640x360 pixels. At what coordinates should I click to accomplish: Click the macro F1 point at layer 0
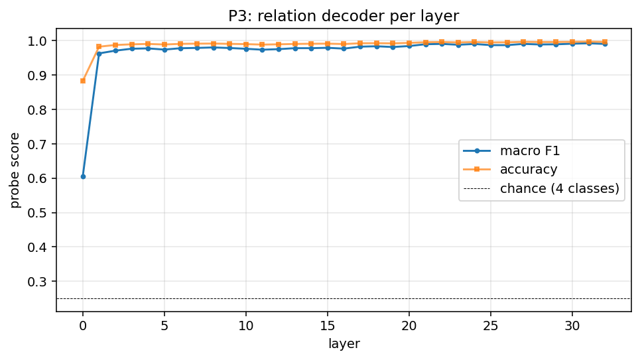[x=83, y=176]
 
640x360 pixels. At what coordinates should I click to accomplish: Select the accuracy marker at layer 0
[x=83, y=81]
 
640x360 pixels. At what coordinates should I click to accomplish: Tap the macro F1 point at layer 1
[x=99, y=53]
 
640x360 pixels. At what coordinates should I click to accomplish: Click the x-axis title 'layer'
[x=343, y=344]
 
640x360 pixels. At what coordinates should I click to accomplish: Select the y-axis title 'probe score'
[x=15, y=169]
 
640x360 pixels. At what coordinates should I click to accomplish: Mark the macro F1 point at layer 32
[x=605, y=44]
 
